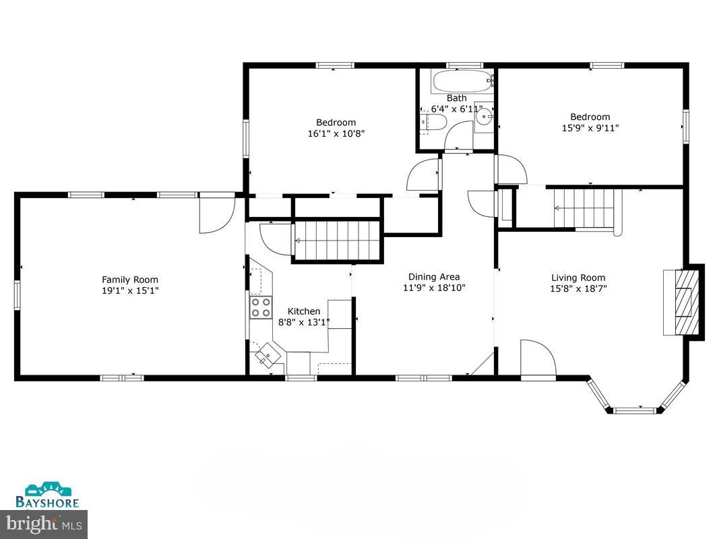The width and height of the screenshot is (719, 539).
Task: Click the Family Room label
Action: tap(130, 280)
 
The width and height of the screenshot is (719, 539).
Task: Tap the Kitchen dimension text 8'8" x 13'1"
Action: tap(304, 322)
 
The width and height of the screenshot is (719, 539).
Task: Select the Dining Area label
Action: tap(434, 276)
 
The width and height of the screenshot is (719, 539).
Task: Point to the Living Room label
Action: tap(578, 278)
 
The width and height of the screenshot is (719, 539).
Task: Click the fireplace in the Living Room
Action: tap(683, 302)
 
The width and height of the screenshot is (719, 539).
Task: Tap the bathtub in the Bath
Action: tap(462, 82)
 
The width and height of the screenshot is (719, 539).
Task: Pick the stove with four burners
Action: tap(260, 307)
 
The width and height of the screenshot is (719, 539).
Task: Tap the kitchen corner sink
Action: tap(268, 355)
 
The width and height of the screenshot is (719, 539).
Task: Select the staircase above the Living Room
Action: tap(584, 209)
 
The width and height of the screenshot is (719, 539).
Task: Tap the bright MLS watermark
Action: tap(44, 522)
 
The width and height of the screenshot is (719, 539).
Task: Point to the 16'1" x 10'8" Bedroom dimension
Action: tap(336, 133)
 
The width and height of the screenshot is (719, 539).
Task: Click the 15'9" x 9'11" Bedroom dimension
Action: tap(590, 128)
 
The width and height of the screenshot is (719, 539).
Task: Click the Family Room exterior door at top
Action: tap(216, 214)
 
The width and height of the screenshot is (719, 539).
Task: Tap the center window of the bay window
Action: tap(634, 409)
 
